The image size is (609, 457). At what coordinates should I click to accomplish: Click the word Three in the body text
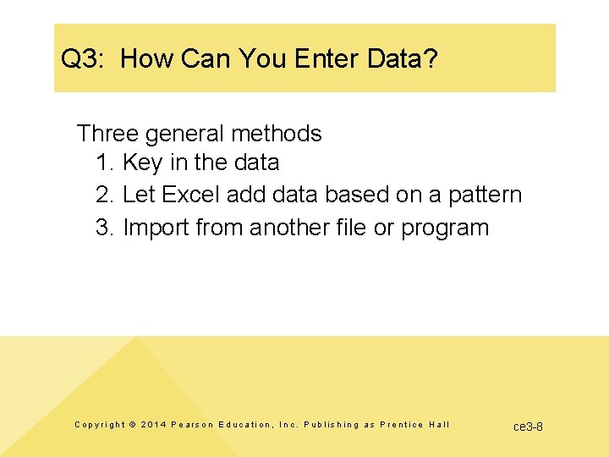tap(107, 134)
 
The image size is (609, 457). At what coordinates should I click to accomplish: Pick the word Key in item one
tap(140, 162)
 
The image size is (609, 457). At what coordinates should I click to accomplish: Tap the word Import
tap(156, 228)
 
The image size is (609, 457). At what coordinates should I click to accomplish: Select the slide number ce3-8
tap(529, 426)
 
